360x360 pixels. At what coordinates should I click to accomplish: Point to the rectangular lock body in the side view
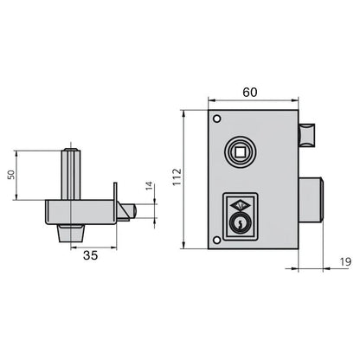tap(82, 210)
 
